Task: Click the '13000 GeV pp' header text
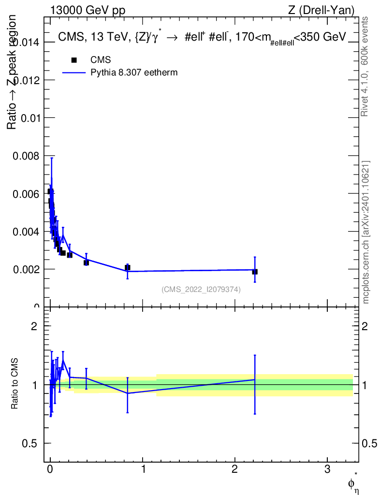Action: [x=88, y=10]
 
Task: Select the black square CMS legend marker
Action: [x=74, y=60]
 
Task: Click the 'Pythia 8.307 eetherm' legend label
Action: [x=134, y=73]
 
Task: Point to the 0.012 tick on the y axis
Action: [x=27, y=80]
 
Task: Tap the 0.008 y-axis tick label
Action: [x=27, y=156]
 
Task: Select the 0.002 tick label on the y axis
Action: [x=27, y=269]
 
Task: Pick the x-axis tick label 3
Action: [x=327, y=469]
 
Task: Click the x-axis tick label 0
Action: [x=50, y=469]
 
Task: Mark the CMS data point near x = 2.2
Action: [x=255, y=272]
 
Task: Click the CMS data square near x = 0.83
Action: [x=127, y=267]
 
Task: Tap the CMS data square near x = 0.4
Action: [x=86, y=262]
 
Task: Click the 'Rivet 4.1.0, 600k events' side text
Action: [x=365, y=66]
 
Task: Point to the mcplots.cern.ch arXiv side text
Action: [x=365, y=232]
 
